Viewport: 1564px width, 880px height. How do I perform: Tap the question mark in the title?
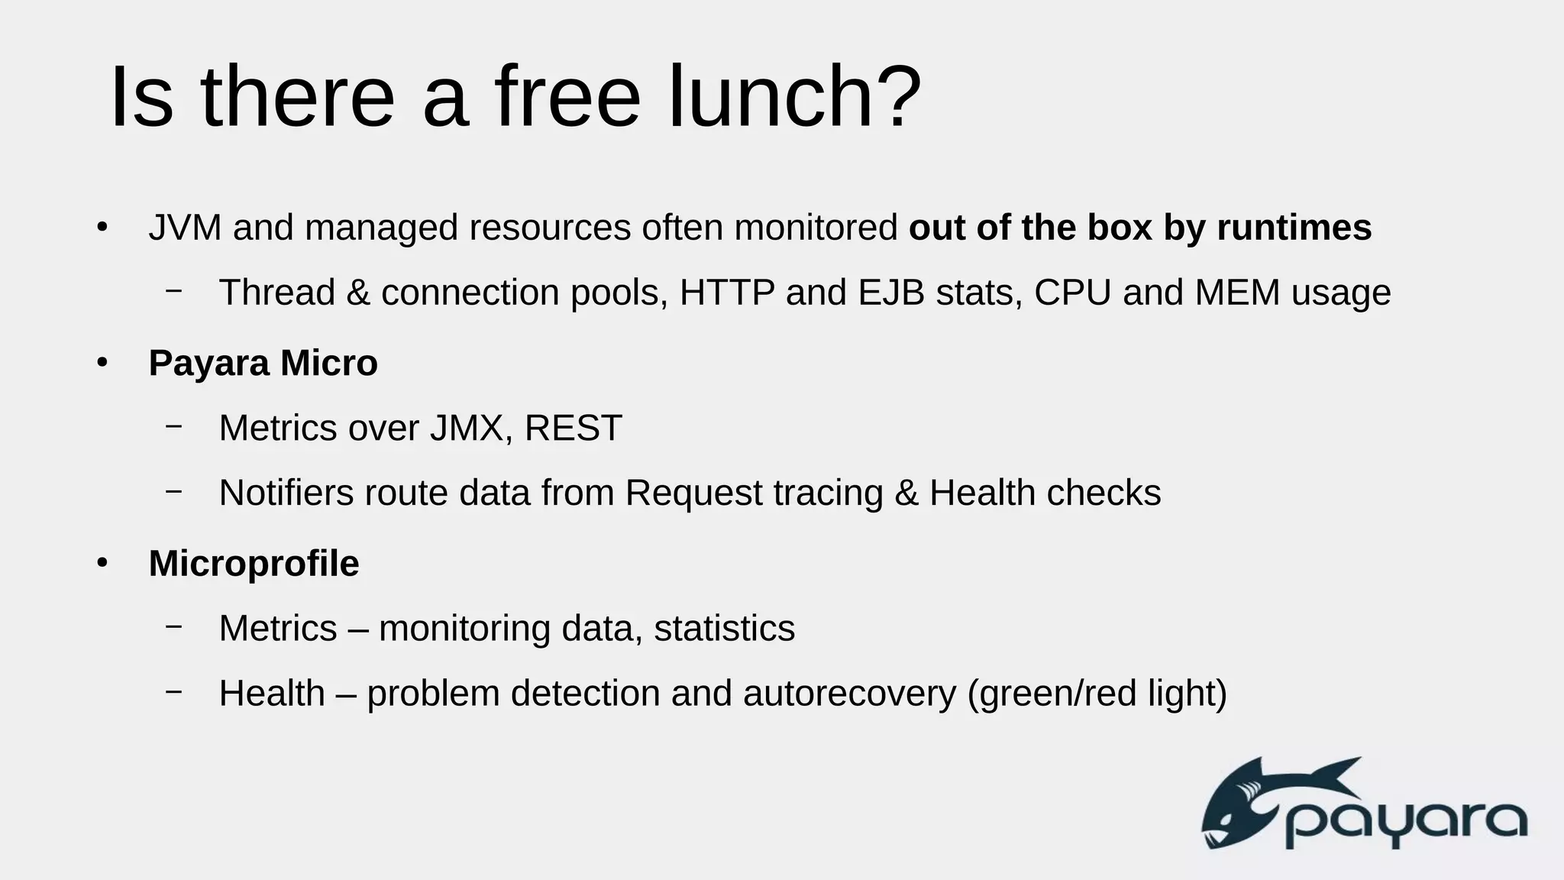pyautogui.click(x=897, y=97)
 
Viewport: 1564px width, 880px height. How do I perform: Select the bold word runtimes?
pyautogui.click(x=1294, y=228)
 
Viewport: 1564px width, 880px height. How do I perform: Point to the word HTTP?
pyautogui.click(x=726, y=293)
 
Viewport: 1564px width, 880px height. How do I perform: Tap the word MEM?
pyautogui.click(x=1237, y=293)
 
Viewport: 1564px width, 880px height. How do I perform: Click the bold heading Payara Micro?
pyautogui.click(x=263, y=363)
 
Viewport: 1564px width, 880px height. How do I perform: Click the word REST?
pyautogui.click(x=574, y=428)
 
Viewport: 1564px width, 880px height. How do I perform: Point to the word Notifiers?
pyautogui.click(x=286, y=493)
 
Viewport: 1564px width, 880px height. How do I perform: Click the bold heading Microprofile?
pyautogui.click(x=254, y=564)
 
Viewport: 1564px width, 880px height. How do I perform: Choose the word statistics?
pyautogui.click(x=724, y=629)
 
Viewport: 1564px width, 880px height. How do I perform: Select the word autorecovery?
pyautogui.click(x=849, y=694)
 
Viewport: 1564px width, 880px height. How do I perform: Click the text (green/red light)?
pyautogui.click(x=1097, y=694)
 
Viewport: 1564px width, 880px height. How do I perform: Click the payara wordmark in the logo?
pyautogui.click(x=1405, y=823)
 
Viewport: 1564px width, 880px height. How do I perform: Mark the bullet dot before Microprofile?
pyautogui.click(x=102, y=564)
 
